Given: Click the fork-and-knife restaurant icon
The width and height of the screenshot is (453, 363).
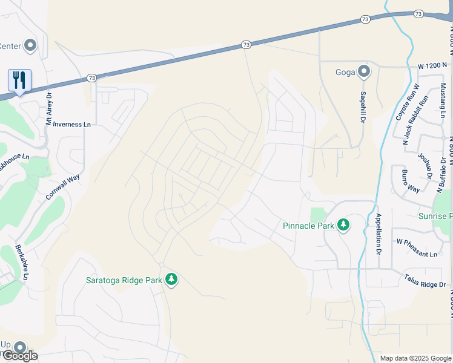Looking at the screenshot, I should coord(19,80).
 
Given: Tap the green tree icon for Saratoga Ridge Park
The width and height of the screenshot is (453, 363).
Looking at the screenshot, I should coord(172,279).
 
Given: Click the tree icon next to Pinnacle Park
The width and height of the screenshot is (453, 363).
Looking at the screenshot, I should coord(343,225).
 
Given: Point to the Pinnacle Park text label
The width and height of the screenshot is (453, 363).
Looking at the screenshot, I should coord(308,226).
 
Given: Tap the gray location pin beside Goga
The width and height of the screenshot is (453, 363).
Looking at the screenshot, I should coord(363,72).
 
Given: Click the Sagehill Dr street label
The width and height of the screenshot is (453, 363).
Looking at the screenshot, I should coord(363,108).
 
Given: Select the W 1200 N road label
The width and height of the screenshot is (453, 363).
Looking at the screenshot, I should coord(432,65).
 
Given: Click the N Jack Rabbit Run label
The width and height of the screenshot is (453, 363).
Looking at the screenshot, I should coord(415,120).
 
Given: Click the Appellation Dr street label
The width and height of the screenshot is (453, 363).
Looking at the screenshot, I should coord(379,234).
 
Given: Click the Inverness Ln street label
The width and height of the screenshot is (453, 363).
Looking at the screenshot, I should coord(71,124).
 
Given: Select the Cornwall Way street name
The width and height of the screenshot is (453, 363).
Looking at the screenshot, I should coord(63,188).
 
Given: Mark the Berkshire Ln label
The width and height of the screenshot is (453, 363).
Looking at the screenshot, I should coord(22,262).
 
